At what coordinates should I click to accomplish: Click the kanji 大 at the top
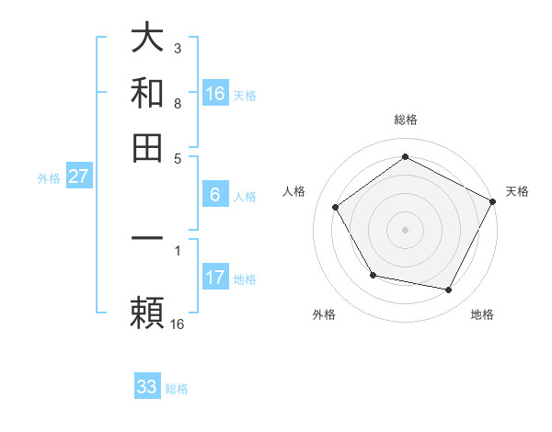pos(148,40)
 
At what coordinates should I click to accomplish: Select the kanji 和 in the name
pos(148,94)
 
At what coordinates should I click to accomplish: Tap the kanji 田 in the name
pos(148,147)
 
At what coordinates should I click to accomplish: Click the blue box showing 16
pos(215,94)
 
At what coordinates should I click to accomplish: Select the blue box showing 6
pos(215,195)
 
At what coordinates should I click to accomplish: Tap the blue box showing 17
pos(215,278)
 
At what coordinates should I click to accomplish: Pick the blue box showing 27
pos(78,177)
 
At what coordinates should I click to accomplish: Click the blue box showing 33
pos(147,387)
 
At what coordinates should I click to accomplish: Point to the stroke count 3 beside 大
pos(177,46)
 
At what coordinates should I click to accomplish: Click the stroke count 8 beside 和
pos(177,104)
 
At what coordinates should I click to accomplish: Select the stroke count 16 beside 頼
pos(178,324)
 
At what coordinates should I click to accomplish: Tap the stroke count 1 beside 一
pos(177,249)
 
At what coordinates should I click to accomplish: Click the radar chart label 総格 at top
pos(405,119)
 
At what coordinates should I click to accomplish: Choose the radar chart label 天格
pos(517,191)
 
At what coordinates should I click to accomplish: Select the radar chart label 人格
pos(294,191)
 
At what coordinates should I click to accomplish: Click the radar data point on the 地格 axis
pos(449,290)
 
